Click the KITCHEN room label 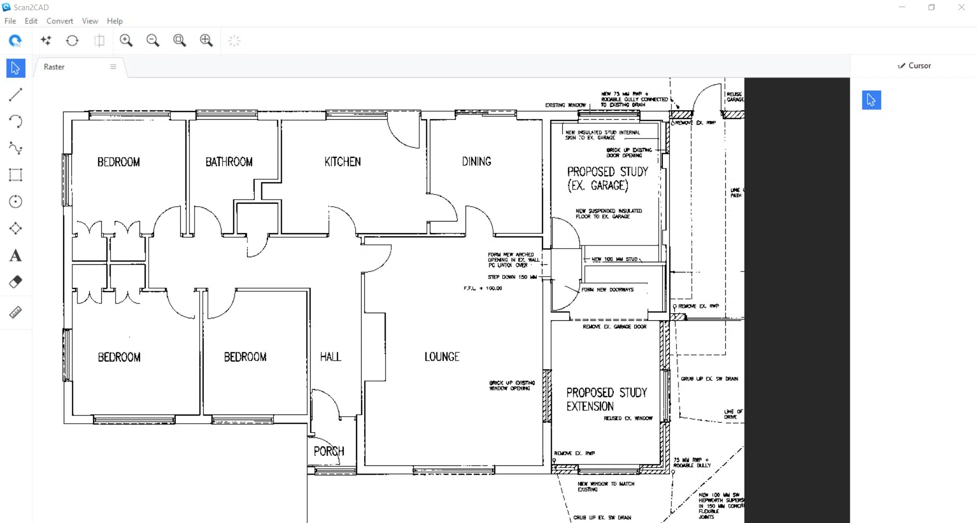(342, 162)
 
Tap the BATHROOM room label (229, 162)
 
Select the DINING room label (476, 161)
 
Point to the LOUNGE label (442, 357)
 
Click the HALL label (330, 357)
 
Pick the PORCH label (329, 451)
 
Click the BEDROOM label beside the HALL (245, 357)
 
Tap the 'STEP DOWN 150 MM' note (512, 277)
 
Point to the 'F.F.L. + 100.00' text (482, 288)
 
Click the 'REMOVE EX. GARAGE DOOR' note (614, 326)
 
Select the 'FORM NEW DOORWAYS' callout (607, 290)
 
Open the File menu (10, 21)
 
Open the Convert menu (60, 21)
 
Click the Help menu (115, 21)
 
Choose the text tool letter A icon (16, 256)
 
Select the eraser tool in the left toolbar (16, 282)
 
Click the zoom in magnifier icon (126, 41)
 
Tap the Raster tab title (54, 67)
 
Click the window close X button (961, 8)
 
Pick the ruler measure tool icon (16, 312)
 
